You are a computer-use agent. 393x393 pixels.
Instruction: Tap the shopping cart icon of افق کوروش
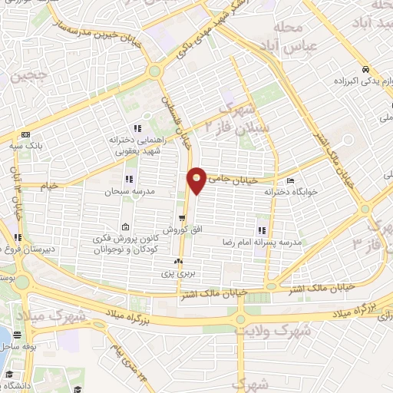[182, 217]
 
